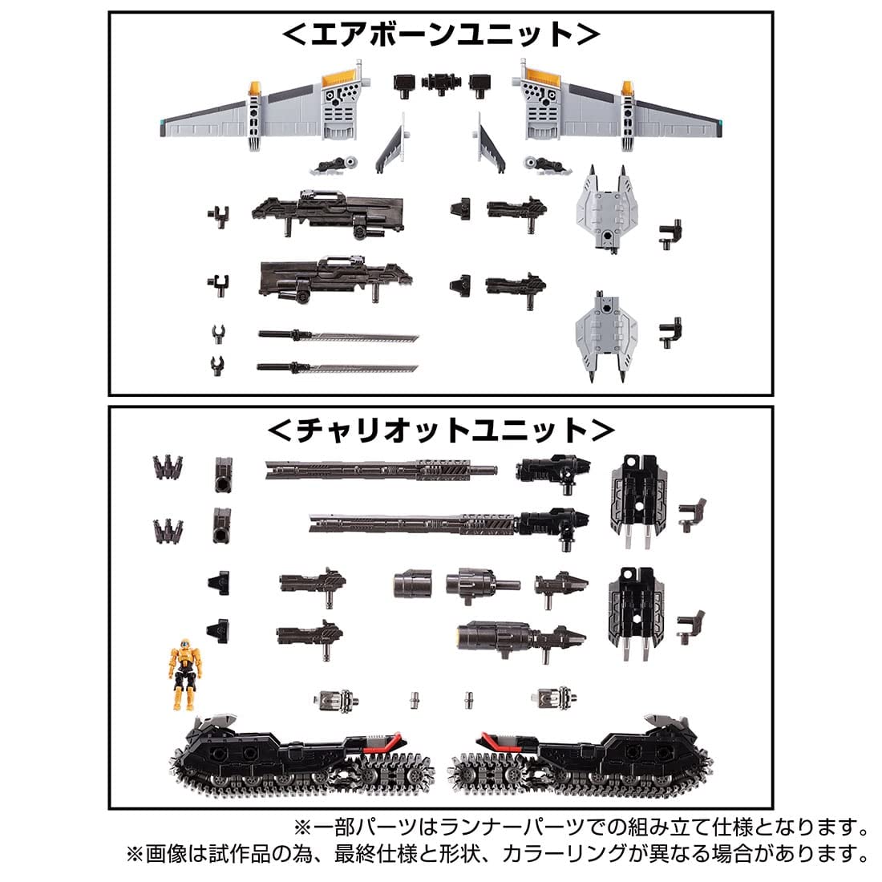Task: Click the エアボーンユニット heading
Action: (440, 34)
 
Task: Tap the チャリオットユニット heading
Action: (440, 431)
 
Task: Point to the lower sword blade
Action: (337, 368)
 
